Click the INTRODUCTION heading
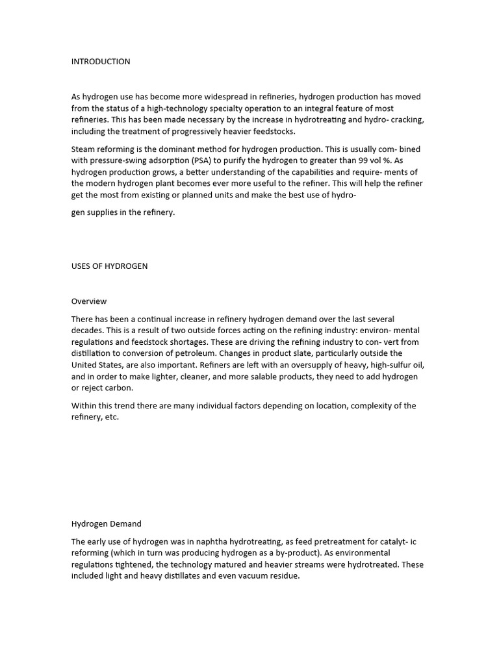point(101,62)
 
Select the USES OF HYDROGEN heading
point(109,266)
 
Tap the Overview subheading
point(89,301)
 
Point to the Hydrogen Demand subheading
point(106,523)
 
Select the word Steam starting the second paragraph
point(83,149)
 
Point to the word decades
point(86,331)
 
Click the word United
point(85,365)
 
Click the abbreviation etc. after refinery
point(112,418)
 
